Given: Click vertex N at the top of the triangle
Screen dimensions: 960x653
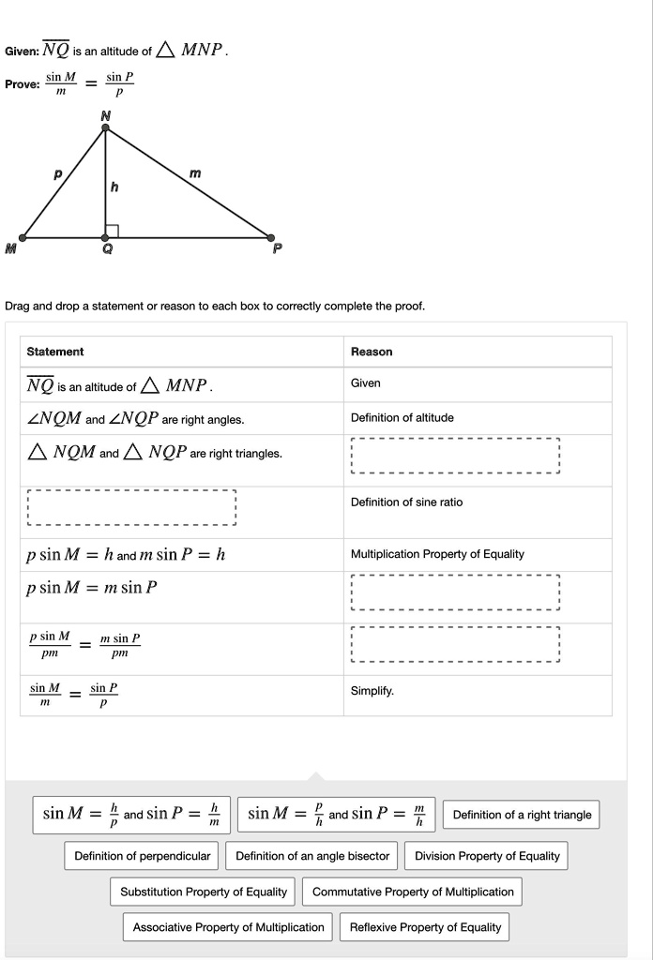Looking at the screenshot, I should click(105, 128).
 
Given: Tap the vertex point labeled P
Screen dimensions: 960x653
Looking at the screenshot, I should click(272, 237).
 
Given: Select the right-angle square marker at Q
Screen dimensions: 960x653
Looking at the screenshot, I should click(112, 231).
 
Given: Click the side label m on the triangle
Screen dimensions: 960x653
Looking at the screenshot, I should click(194, 173).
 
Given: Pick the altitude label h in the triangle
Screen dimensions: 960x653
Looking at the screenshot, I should click(114, 187).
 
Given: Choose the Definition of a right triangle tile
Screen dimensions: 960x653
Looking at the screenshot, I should click(522, 815).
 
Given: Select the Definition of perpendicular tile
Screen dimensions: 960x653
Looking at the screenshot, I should click(143, 856).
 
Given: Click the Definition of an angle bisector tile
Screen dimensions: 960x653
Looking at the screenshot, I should click(312, 856).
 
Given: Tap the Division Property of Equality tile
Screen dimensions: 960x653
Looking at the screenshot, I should click(487, 856).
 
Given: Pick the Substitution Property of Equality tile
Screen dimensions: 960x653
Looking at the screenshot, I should click(204, 892).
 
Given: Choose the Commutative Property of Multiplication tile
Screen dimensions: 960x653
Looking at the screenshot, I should click(413, 892).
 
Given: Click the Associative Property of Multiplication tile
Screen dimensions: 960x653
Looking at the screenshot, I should click(228, 927).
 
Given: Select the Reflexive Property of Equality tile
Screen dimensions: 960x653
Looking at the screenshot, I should click(425, 927).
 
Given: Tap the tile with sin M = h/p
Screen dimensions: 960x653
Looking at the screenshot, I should click(131, 814).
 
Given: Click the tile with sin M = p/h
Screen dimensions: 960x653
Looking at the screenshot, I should click(336, 814).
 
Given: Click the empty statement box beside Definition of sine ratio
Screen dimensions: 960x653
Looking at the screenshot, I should click(131, 507).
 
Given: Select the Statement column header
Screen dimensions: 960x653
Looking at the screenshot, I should click(55, 352).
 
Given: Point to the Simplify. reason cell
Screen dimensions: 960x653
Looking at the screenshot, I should click(372, 691).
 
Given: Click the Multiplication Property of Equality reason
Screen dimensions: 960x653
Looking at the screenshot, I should click(437, 554).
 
